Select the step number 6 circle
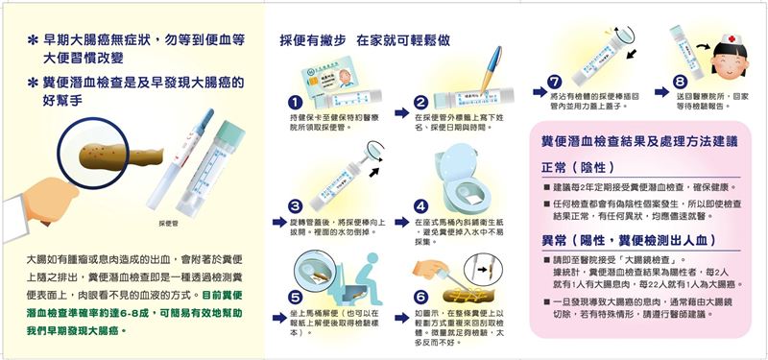[420, 298]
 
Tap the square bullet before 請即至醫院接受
[546, 260]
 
